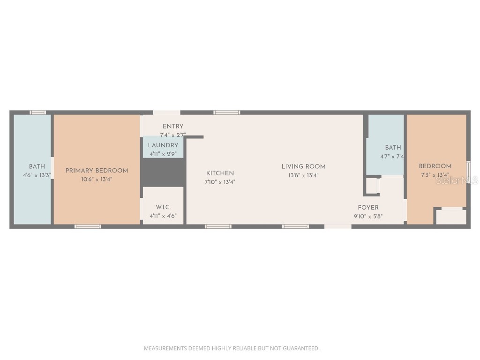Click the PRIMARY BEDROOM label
97,171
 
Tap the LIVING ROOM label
303,166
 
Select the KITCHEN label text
220,173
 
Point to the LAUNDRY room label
163,145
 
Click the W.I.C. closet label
163,207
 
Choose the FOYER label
368,208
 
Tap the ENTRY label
173,126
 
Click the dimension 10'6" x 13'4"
97,179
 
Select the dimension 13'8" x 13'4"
303,176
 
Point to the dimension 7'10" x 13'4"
220,182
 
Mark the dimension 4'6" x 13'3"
37,175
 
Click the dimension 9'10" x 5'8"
368,217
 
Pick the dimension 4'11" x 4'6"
163,216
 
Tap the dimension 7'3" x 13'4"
435,175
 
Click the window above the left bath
38,112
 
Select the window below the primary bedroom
88,226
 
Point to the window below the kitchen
218,226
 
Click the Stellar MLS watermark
457,180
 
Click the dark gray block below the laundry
163,172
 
